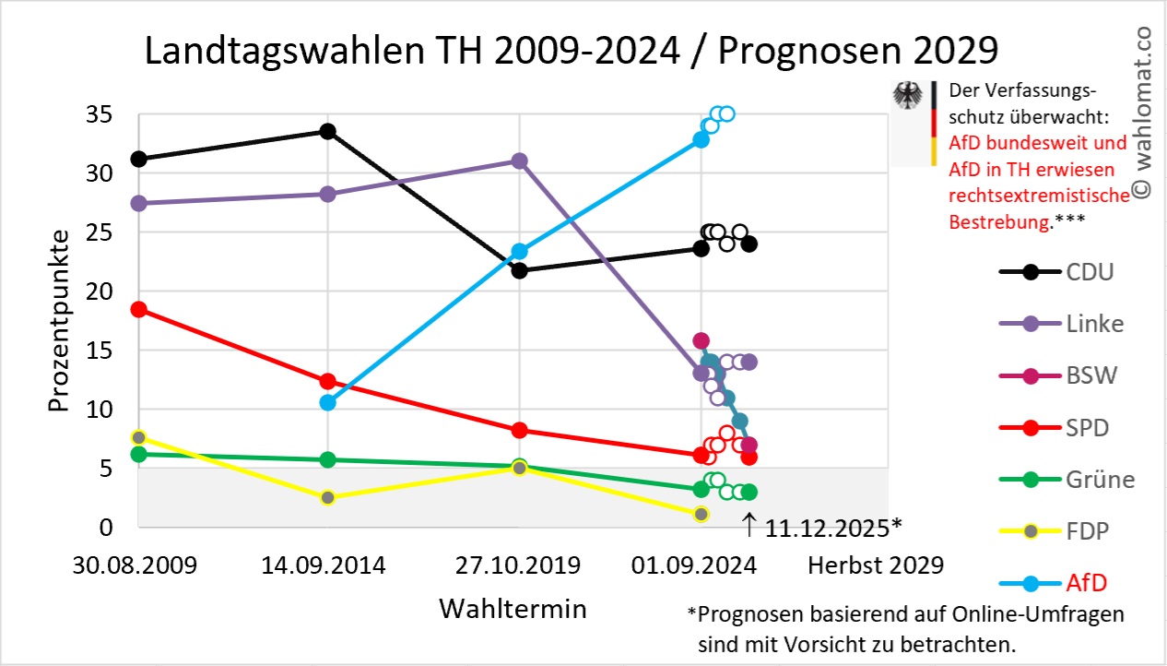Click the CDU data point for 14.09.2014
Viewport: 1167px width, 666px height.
pos(327,131)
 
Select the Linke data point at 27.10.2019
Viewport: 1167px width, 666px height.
pos(519,161)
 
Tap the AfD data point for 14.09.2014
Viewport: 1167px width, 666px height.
pos(327,402)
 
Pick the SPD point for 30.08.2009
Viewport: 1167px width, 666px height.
pos(139,309)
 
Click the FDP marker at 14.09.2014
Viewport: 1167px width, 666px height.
pos(327,497)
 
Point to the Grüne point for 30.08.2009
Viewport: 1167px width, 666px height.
pos(139,454)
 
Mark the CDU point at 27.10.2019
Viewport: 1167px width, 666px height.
pos(519,270)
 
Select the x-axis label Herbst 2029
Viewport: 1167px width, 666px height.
pos(876,565)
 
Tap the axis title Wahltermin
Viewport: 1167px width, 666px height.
pos(513,609)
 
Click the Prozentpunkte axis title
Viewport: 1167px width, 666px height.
pos(59,322)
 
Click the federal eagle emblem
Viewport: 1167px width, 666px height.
pos(909,96)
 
